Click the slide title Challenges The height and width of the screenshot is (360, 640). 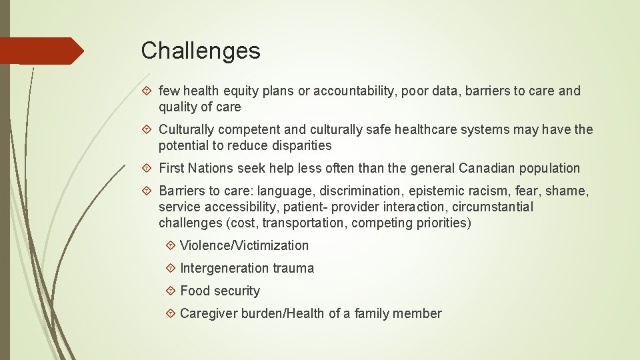[x=201, y=51]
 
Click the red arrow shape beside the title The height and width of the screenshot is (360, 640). [x=41, y=51]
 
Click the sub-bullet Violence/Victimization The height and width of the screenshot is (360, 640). [x=244, y=245]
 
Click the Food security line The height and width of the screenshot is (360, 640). [x=220, y=291]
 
